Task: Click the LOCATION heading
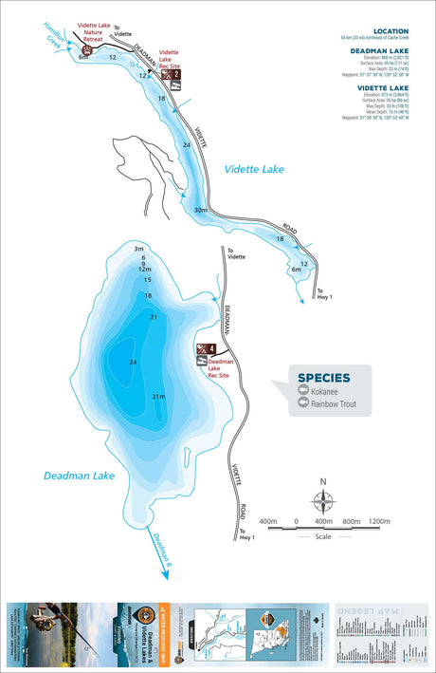click(391, 30)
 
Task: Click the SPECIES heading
click(323, 377)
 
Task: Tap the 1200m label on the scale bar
click(379, 521)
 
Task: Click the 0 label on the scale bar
click(296, 521)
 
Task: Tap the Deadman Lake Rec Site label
click(221, 367)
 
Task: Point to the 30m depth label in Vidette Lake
click(199, 210)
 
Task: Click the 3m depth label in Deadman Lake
click(138, 248)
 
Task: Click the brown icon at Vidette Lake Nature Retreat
click(86, 48)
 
